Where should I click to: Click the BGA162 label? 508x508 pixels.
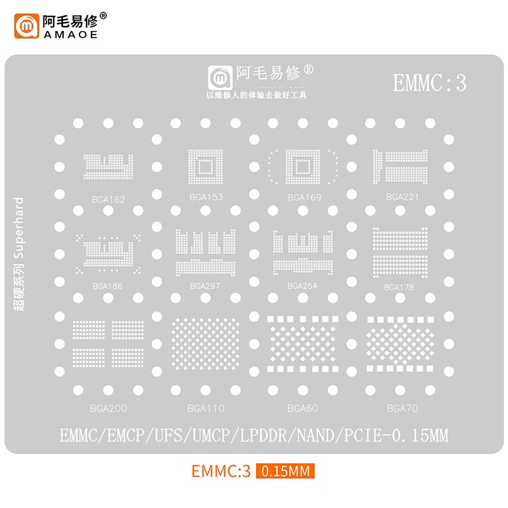pos(108,200)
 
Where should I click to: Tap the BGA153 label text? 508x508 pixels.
pos(206,197)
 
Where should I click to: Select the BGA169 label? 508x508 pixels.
pos(304,197)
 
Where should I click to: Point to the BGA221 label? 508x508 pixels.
pos(402,197)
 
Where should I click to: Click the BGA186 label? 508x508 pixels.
pos(107,286)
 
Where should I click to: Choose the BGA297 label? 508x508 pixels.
pos(205,286)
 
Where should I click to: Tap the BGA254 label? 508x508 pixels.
pos(302,286)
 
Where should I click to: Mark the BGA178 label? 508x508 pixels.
pos(399,287)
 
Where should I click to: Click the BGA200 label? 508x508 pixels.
pos(108,408)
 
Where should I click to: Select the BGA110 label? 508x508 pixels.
pos(206,408)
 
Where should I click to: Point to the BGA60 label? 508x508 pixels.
pos(303,408)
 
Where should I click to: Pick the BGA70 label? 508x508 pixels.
pos(402,408)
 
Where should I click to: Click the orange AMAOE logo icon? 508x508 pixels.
pos(26,26)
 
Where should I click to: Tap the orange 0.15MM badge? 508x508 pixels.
pos(285,471)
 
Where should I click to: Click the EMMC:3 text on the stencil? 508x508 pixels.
pos(429,83)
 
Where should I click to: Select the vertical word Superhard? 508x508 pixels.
pos(18,228)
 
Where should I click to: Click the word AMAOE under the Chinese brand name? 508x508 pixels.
pos(70,35)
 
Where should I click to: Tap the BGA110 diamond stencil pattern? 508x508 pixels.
pos(205,343)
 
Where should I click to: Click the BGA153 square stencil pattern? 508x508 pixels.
pos(205,167)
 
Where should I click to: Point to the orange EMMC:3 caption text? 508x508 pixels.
pos(221,471)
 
